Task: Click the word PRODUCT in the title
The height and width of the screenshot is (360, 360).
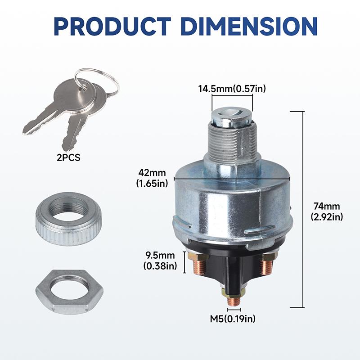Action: click(x=112, y=26)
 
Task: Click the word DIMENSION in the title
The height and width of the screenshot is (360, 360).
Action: click(x=249, y=26)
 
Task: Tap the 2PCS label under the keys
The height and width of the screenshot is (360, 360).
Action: click(x=68, y=157)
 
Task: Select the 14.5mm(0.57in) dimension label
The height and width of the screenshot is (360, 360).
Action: click(x=232, y=88)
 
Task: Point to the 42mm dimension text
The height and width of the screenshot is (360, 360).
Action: click(x=152, y=172)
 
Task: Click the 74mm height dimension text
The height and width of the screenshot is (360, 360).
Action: click(x=327, y=207)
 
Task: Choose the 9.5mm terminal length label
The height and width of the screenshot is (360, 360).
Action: click(x=160, y=255)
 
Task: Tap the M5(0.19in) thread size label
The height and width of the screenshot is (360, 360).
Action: click(x=233, y=319)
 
